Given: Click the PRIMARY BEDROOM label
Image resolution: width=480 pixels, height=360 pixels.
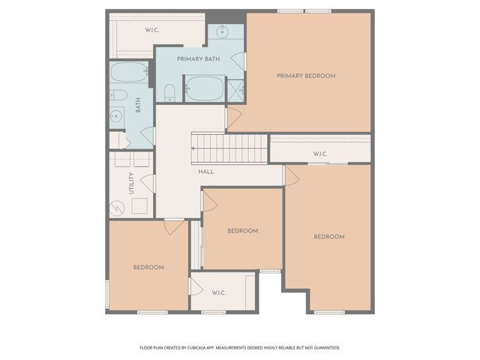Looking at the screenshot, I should [x=305, y=76].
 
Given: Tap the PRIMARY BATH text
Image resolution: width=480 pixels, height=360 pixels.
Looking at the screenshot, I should [x=198, y=58].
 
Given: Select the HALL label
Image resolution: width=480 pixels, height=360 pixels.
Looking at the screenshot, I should [x=206, y=172].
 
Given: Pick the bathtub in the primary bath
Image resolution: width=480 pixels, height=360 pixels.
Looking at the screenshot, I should [x=204, y=88].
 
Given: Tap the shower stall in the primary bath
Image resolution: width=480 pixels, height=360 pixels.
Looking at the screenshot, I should [x=235, y=90].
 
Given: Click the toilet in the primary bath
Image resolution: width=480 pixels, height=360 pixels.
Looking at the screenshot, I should [x=170, y=93].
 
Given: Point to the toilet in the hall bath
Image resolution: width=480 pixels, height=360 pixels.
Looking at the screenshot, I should [x=118, y=95].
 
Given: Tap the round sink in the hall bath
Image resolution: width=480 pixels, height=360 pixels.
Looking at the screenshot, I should [x=116, y=116].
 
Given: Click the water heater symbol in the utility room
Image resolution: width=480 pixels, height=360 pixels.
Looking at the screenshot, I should [x=116, y=207].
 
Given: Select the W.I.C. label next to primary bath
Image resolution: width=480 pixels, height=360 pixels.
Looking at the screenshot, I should [x=151, y=30].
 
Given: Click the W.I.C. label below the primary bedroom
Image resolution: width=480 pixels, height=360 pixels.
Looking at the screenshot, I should [x=320, y=154].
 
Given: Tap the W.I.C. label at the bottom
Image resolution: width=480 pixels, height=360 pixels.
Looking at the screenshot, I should [x=219, y=292].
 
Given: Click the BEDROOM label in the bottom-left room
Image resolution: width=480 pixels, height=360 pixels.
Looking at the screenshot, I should [x=148, y=267].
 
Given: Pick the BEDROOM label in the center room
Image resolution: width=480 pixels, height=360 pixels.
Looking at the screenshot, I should [x=242, y=230].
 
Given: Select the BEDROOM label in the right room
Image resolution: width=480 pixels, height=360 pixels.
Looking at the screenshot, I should [x=328, y=236].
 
